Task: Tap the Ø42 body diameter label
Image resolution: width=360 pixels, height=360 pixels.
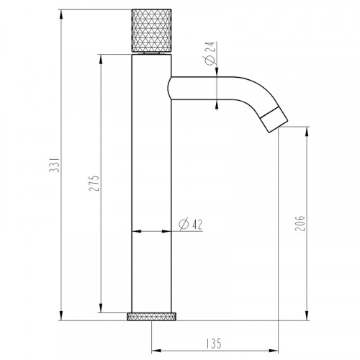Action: click(x=189, y=224)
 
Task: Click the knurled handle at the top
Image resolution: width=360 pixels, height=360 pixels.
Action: click(x=150, y=31)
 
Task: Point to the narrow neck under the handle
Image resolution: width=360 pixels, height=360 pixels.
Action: click(x=151, y=53)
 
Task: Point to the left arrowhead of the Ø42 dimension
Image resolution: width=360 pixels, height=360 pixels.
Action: click(x=135, y=231)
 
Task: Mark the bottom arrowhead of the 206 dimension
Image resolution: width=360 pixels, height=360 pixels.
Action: click(x=308, y=315)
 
